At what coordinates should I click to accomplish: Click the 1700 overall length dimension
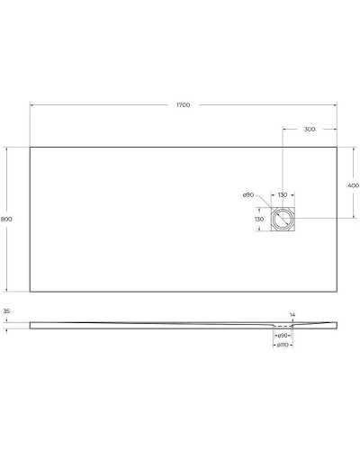183,105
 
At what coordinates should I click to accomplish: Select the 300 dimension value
310,130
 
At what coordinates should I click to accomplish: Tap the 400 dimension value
353,185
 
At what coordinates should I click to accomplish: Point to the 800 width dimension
7,219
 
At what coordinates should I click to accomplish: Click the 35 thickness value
7,311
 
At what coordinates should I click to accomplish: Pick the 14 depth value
292,315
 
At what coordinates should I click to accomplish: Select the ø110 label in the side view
282,345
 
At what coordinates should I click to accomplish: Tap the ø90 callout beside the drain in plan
247,195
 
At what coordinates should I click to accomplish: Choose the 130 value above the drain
283,195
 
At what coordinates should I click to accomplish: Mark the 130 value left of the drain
259,219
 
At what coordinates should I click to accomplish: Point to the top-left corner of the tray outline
31,148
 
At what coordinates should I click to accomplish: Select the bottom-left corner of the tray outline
31,292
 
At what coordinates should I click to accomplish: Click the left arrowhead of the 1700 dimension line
32,105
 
